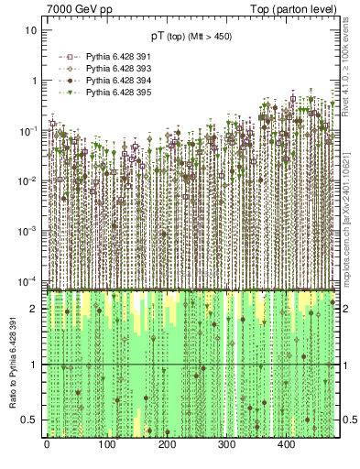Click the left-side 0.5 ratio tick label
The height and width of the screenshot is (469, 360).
(x=30, y=420)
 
